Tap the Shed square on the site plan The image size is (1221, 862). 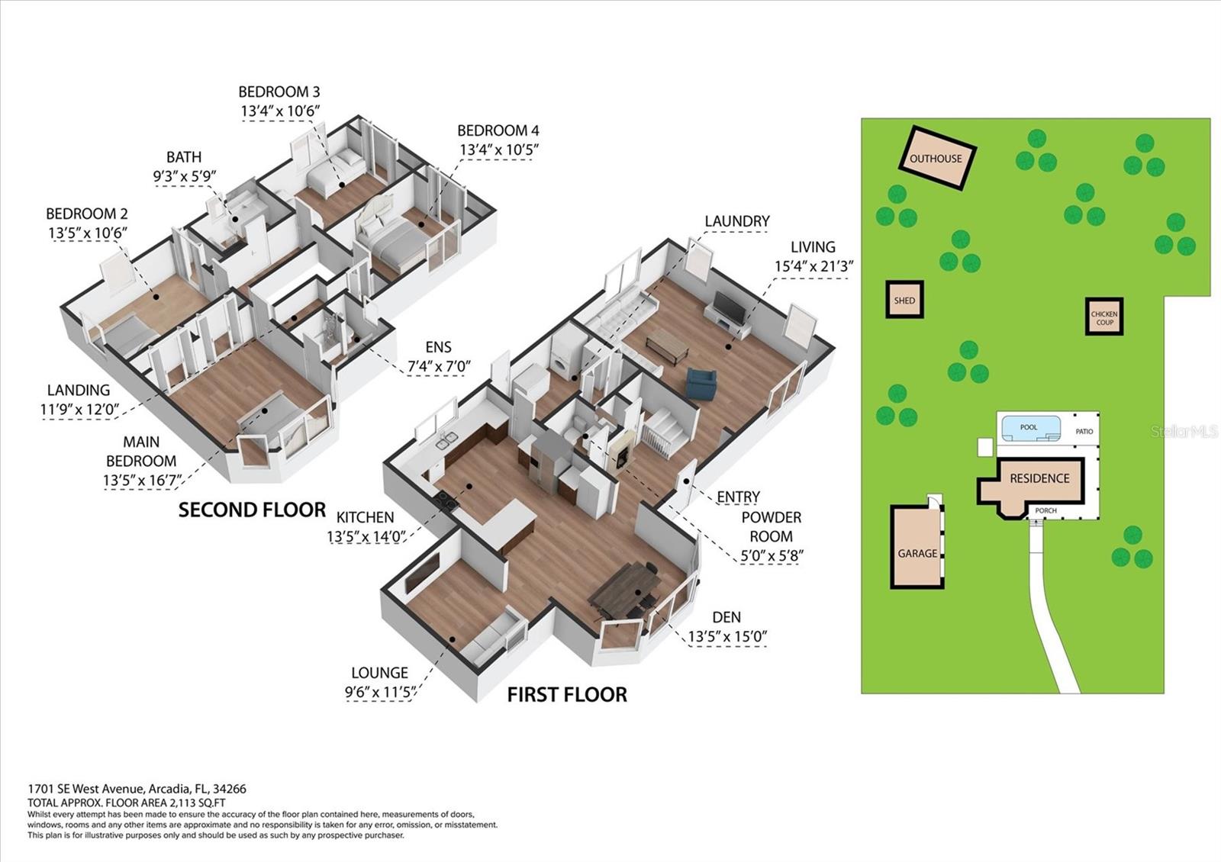904,300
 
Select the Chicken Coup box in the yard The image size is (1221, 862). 1104,316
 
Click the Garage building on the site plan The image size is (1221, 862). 917,546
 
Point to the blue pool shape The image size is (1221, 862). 1028,428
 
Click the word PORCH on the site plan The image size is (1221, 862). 1045,510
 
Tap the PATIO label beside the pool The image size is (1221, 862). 1084,431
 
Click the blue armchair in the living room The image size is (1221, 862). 701,382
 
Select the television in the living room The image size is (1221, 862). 730,307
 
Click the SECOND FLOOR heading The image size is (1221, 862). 253,510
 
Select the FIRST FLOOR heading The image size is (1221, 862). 567,695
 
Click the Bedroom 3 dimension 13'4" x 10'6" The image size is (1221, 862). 280,111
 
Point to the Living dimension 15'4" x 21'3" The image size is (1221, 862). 813,266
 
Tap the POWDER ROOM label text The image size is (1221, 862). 772,526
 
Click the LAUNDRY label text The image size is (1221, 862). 737,221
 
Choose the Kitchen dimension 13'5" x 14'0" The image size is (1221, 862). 367,537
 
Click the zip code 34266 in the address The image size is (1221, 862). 230,789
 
